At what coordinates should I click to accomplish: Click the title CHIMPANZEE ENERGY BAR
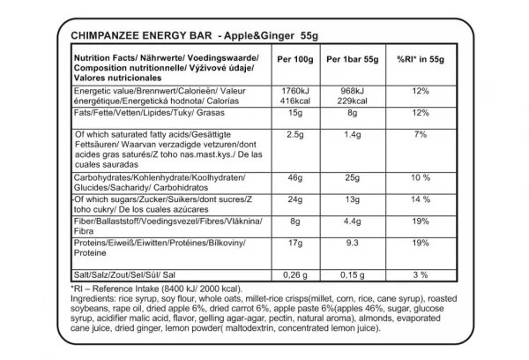140,35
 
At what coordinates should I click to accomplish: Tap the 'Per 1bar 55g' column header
353,59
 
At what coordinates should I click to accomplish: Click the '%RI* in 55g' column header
420,59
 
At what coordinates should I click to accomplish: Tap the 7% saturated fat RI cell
420,135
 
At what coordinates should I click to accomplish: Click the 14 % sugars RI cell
420,201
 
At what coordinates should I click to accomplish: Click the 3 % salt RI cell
420,274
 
